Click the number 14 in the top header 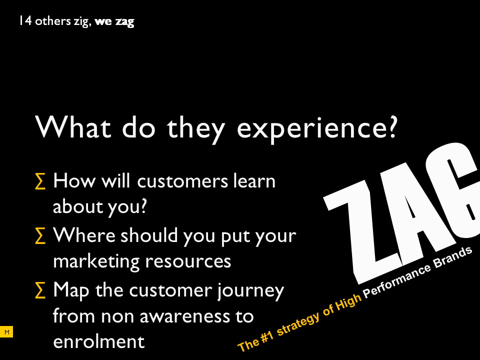(x=25, y=21)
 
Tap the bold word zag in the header (x=124, y=22)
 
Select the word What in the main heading (x=73, y=126)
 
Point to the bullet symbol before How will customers (x=40, y=181)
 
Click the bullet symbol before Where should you (x=40, y=235)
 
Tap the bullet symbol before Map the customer (x=40, y=290)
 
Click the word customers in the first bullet (x=183, y=181)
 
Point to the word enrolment (x=98, y=341)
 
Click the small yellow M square (x=6, y=332)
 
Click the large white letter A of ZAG (x=421, y=211)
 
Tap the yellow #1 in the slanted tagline (x=266, y=337)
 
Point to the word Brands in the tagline (x=452, y=258)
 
